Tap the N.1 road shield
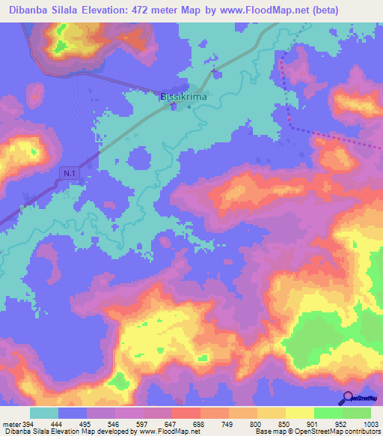[67, 172]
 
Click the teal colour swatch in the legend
[44, 413]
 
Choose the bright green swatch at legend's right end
[357, 413]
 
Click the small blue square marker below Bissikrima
[189, 106]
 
